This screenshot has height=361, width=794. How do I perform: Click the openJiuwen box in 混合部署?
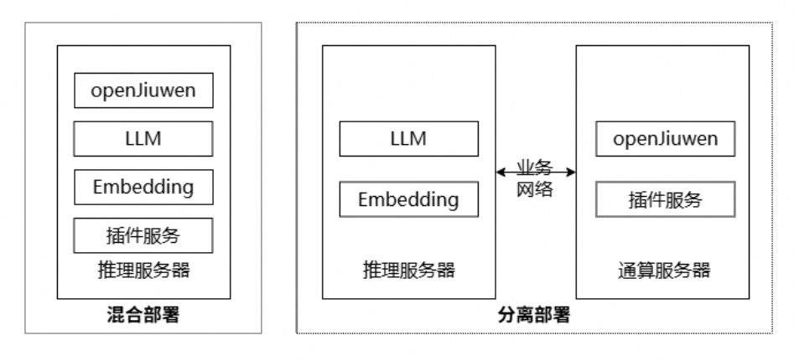pyautogui.click(x=143, y=90)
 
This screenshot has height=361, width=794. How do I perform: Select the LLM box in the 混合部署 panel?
pyautogui.click(x=143, y=138)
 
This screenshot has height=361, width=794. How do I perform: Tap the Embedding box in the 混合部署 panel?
pyautogui.click(x=143, y=187)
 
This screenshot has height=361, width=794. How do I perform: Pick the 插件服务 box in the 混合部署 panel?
pyautogui.click(x=143, y=235)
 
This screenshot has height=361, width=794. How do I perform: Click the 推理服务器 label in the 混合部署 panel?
pyautogui.click(x=143, y=271)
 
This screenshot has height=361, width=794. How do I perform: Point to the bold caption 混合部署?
pyautogui.click(x=143, y=316)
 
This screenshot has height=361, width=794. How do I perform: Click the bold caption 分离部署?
pyautogui.click(x=535, y=316)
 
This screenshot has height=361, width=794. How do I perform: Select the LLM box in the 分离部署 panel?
pyautogui.click(x=408, y=138)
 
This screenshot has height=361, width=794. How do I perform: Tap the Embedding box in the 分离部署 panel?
pyautogui.click(x=408, y=199)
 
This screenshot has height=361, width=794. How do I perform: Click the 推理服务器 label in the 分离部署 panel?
pyautogui.click(x=408, y=271)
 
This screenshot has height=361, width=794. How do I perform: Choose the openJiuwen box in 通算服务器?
pyautogui.click(x=665, y=138)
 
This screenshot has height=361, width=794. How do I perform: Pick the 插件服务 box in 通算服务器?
pyautogui.click(x=665, y=199)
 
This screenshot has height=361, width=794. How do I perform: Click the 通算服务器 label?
pyautogui.click(x=665, y=271)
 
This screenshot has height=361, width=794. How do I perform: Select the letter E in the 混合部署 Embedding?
pyautogui.click(x=99, y=187)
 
